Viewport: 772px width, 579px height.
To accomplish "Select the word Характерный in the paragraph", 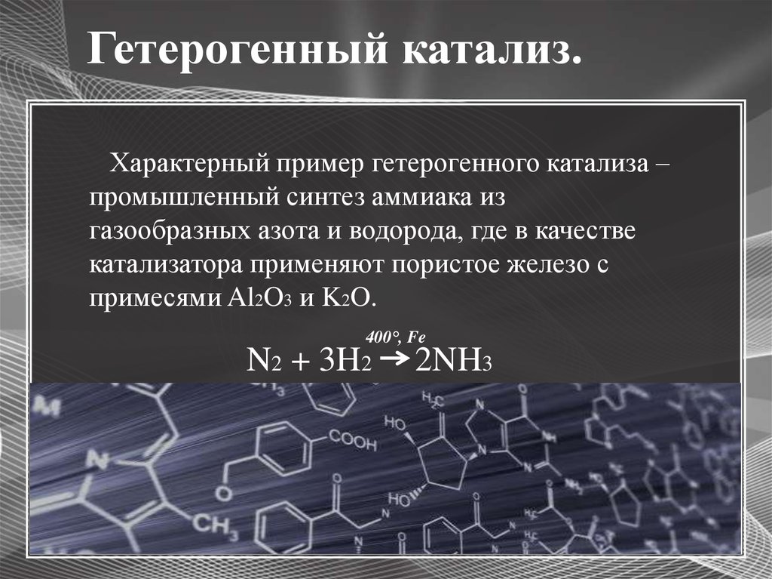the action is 189,163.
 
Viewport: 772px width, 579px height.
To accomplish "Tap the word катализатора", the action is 166,265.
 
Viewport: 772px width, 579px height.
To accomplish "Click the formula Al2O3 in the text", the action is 259,298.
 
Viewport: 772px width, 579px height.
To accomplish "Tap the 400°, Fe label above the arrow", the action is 395,337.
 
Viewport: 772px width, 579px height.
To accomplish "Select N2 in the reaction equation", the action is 263,360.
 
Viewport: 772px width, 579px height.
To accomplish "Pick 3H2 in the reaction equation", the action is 345,360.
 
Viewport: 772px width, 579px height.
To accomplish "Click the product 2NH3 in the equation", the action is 453,360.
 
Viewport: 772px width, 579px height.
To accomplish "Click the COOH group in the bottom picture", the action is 353,440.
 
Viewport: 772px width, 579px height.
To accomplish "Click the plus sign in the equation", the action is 300,362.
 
